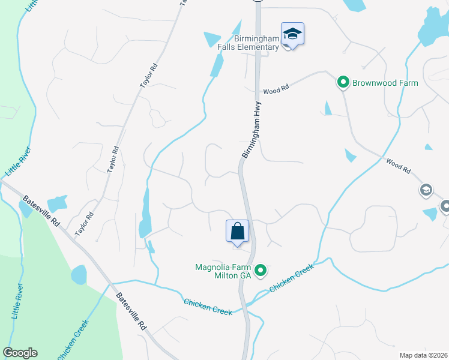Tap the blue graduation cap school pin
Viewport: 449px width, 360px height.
click(292, 34)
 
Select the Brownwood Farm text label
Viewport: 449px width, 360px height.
click(385, 82)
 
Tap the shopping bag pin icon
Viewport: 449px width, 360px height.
click(237, 230)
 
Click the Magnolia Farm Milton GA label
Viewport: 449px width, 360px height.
click(223, 271)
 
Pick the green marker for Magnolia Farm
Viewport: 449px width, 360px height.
click(261, 271)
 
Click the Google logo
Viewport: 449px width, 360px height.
click(20, 353)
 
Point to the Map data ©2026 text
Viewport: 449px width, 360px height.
click(423, 355)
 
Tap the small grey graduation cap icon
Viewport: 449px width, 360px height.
click(426, 190)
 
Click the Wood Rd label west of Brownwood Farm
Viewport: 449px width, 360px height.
click(276, 89)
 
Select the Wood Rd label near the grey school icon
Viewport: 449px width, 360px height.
click(398, 166)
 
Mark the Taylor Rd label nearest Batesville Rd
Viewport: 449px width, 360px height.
click(85, 224)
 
